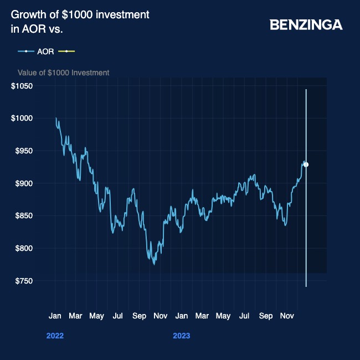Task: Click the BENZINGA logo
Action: (x=306, y=25)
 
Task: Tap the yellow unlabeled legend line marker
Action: (x=66, y=52)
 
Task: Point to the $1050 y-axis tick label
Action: (x=23, y=86)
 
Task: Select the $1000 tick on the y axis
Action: (x=23, y=118)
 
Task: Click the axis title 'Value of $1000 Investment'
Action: (x=63, y=73)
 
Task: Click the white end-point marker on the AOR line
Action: (x=306, y=164)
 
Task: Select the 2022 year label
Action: (x=55, y=336)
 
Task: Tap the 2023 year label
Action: (x=181, y=336)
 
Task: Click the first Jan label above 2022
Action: (x=55, y=316)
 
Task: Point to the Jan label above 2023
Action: (x=181, y=316)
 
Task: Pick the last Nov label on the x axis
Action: (x=286, y=316)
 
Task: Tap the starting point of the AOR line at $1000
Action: (x=56, y=118)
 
